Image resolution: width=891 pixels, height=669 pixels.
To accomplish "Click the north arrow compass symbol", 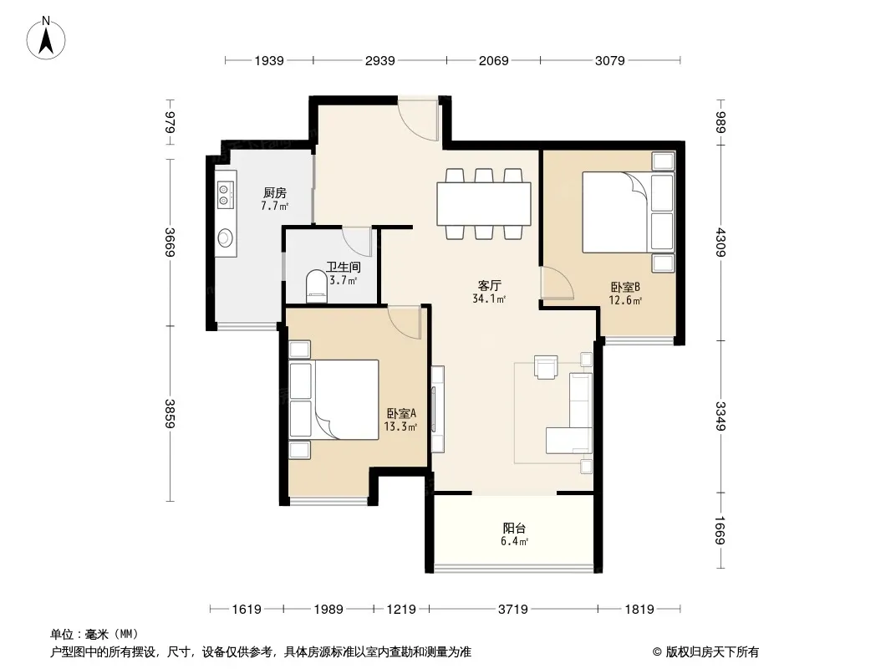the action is tap(46, 38).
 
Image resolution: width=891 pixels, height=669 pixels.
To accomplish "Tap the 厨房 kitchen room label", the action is tap(274, 193).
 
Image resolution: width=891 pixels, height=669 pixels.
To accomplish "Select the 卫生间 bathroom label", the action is tap(344, 267).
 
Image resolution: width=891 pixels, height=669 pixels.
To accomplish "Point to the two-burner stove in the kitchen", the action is tap(226, 194).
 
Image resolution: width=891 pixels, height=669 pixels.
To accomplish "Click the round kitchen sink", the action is tap(226, 238).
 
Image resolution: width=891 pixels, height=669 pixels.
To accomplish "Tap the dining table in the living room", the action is tap(484, 203).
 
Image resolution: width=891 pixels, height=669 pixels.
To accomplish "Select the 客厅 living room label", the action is tap(489, 285).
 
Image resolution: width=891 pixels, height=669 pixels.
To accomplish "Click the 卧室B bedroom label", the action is tap(625, 288).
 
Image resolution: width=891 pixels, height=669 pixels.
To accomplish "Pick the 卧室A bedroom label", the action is tap(401, 414).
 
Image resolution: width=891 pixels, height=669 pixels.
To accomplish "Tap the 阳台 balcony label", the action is tap(514, 529).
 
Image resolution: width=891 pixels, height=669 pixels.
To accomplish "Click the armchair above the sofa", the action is tap(546, 366).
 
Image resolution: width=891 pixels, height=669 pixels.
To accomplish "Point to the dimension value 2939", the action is tap(379, 60).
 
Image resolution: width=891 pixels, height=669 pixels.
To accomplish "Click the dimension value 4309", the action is tap(720, 243).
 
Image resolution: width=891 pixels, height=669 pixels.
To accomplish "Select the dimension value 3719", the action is tap(512, 610).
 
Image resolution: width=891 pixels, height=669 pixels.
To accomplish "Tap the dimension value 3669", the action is tap(170, 243).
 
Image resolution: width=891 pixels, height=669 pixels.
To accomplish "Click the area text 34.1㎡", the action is tap(489, 299).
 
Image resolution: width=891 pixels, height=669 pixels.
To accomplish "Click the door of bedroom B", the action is tap(557, 283).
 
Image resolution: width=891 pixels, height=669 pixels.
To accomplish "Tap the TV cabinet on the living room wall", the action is tap(437, 409).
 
